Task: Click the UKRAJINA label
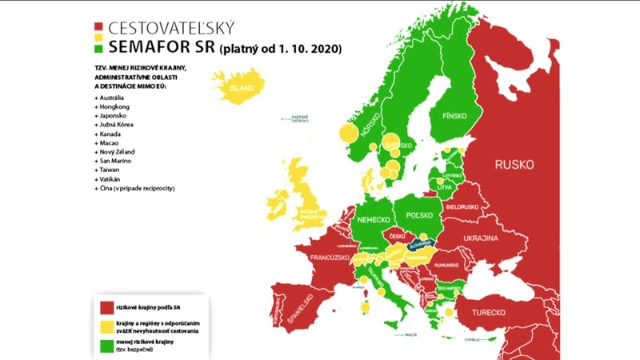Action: click(x=480, y=239)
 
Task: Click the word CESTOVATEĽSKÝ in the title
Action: click(x=176, y=29)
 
